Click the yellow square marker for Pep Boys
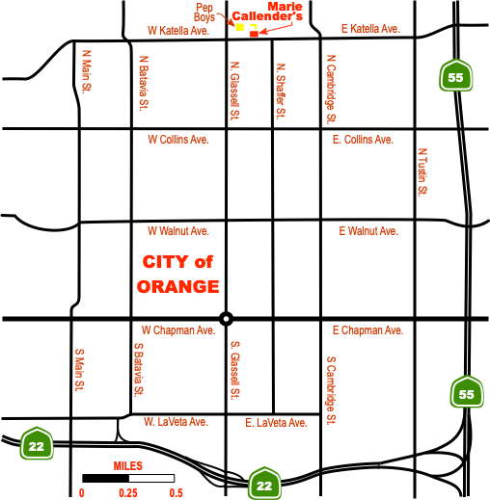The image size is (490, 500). tap(240, 27)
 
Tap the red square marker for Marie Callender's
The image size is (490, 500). tap(255, 34)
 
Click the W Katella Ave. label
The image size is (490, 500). tap(178, 30)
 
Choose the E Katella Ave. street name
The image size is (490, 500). tap(370, 30)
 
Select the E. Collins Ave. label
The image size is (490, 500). tap(363, 140)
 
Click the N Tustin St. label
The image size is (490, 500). tap(422, 171)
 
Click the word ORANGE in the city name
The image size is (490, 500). tap(178, 286)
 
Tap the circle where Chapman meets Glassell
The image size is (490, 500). tap(226, 319)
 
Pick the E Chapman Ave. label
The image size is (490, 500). tap(367, 331)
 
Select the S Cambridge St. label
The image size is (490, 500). tap(331, 391)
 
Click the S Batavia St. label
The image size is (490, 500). tap(139, 371)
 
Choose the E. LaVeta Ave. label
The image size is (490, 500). tap(277, 422)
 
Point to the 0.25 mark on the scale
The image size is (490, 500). tap(126, 492)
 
